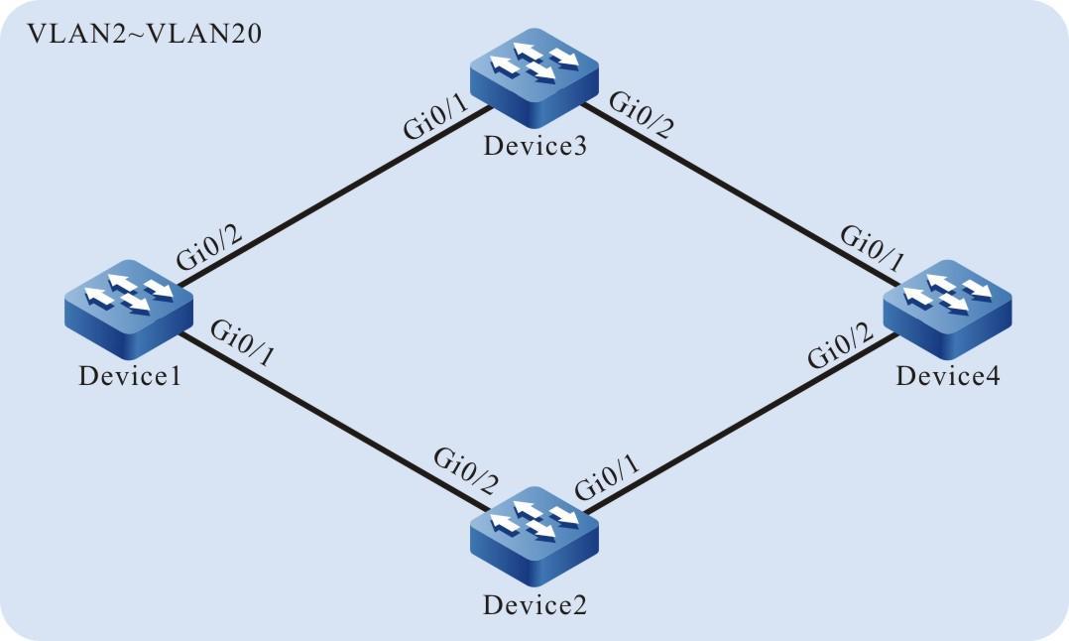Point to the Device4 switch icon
tap(946, 303)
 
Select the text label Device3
tap(534, 148)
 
